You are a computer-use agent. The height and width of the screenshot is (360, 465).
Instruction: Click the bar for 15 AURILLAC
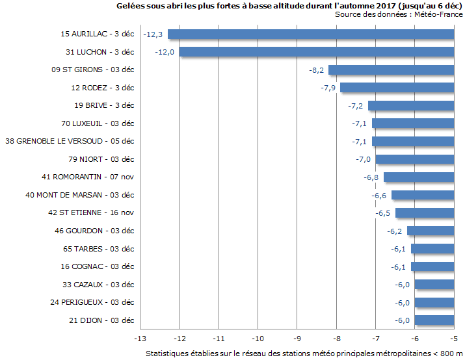pyautogui.click(x=310, y=34)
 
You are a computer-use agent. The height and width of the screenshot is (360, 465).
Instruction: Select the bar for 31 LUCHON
pyautogui.click(x=316, y=52)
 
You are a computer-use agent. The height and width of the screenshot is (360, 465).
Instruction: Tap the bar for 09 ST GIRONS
pyautogui.click(x=391, y=70)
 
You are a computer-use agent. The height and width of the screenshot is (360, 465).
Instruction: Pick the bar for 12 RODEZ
pyautogui.click(x=397, y=88)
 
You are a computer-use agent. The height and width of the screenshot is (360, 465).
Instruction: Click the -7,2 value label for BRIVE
pyautogui.click(x=355, y=105)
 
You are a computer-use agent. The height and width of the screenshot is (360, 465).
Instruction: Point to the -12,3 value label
pyautogui.click(x=155, y=34)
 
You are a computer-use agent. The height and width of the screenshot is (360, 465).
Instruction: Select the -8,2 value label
pyautogui.click(x=317, y=70)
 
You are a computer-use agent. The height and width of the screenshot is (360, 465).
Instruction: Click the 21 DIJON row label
pyautogui.click(x=101, y=320)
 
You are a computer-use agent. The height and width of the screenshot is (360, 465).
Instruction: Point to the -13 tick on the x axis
pyautogui.click(x=140, y=339)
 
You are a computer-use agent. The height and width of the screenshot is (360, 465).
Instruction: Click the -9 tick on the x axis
pyautogui.click(x=297, y=339)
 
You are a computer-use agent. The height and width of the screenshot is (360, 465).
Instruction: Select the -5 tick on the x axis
pyautogui.click(x=454, y=339)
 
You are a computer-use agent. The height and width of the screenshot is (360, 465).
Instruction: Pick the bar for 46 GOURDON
pyautogui.click(x=430, y=231)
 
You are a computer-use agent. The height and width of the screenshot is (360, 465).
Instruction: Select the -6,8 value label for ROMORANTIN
pyautogui.click(x=371, y=177)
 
